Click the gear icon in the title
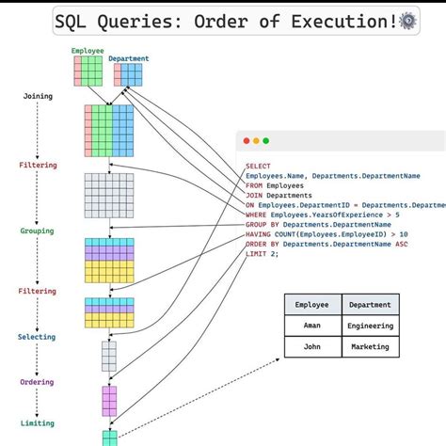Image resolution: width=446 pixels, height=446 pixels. (407, 21)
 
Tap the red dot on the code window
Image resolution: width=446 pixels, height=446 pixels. (247, 140)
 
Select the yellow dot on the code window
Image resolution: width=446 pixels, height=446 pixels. (256, 140)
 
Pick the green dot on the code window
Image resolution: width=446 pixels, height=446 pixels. (266, 140)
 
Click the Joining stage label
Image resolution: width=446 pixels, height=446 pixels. (38, 96)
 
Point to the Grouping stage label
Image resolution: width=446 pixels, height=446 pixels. (38, 231)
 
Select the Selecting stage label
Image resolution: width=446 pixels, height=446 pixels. (38, 337)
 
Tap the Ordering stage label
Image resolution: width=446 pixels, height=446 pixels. (38, 382)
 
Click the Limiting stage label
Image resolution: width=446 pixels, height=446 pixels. (38, 423)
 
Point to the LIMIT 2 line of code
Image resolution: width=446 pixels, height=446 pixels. (262, 254)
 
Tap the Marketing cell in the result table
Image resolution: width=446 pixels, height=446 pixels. (370, 345)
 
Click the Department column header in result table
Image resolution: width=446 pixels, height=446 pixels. (370, 305)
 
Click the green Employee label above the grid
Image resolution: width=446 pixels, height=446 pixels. (88, 50)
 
